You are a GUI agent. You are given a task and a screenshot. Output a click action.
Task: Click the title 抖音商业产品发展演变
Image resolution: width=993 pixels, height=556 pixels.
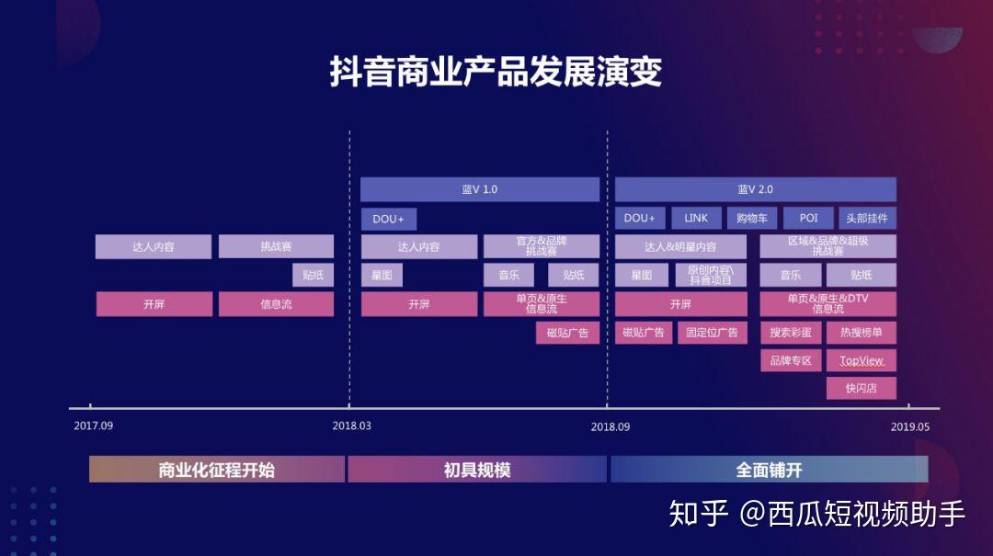[x=496, y=73]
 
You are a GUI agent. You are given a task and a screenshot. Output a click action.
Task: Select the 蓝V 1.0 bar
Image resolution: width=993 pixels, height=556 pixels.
[x=479, y=189]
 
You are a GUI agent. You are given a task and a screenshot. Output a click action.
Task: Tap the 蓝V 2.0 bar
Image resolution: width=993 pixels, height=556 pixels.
[x=755, y=189]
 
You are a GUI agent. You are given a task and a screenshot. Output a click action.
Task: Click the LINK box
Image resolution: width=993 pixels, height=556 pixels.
[x=696, y=218]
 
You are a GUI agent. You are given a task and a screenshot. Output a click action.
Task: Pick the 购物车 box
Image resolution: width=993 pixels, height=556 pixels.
[x=751, y=218]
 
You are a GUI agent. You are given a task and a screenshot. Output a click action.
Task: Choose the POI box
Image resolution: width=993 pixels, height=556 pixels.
[x=808, y=218]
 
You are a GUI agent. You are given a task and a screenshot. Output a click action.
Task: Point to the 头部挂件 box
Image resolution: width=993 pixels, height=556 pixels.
[x=867, y=218]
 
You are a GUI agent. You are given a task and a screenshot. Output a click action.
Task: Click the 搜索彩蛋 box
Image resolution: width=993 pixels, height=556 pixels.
[x=791, y=333]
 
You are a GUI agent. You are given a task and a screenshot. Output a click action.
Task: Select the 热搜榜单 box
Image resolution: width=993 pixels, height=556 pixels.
[x=861, y=333]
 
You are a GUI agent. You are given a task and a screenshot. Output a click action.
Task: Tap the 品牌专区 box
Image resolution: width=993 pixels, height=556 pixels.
[x=791, y=360]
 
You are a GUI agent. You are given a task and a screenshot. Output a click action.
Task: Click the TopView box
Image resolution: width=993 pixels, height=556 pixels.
[x=861, y=360]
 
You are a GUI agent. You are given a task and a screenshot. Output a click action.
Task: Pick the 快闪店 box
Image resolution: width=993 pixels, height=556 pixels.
[x=861, y=388]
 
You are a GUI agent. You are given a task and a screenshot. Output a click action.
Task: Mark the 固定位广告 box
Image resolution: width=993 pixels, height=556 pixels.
[x=713, y=333]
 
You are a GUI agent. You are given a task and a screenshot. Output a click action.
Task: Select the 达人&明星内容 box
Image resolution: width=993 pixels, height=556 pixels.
[x=680, y=247]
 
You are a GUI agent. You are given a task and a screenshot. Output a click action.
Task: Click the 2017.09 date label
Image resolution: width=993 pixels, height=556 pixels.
[x=93, y=426]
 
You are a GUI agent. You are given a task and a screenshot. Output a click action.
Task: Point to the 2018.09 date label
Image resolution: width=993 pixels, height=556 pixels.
[x=610, y=426]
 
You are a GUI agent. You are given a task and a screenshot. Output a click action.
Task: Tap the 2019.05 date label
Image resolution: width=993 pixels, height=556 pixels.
[x=910, y=426]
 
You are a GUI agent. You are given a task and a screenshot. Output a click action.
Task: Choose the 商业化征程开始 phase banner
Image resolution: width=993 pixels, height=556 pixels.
[x=216, y=470]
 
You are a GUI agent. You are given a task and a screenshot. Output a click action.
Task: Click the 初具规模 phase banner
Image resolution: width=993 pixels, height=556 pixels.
[x=476, y=470]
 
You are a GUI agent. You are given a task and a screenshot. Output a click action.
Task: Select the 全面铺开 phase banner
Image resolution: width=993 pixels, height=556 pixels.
[x=769, y=470]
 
